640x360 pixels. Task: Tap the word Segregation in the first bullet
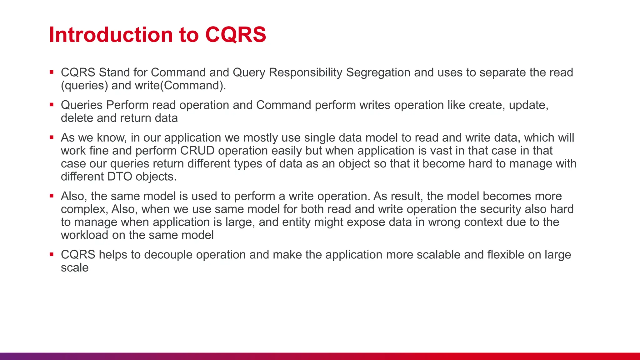[x=378, y=72]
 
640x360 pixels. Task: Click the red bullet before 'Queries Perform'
[x=52, y=105]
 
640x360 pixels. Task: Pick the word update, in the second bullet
[x=528, y=105]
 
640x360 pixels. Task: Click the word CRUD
[x=197, y=151]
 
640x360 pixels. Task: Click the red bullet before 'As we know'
[x=52, y=137]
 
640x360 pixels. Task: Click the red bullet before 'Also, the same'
[x=52, y=196]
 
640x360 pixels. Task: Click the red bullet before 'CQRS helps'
[x=52, y=254]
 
